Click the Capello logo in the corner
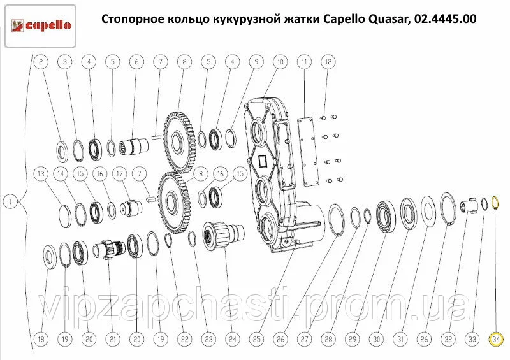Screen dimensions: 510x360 click(x=41, y=26)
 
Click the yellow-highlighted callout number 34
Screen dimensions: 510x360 click(x=496, y=340)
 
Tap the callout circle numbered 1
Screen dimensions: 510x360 click(x=10, y=201)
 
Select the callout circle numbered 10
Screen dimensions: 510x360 click(x=280, y=62)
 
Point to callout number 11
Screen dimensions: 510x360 click(x=305, y=62)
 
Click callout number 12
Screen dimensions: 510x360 click(x=328, y=62)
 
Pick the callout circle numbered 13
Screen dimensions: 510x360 click(x=41, y=174)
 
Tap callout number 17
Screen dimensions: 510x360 click(x=120, y=174)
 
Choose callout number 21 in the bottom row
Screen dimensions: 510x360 click(x=113, y=340)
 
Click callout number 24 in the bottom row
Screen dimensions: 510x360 click(x=233, y=340)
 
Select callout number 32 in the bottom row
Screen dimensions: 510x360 click(x=448, y=340)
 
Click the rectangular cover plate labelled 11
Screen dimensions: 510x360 click(x=306, y=152)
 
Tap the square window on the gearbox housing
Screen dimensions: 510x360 click(x=263, y=161)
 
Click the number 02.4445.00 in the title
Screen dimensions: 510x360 click(x=445, y=19)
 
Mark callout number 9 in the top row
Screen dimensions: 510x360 click(x=256, y=62)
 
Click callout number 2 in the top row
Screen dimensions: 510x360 click(x=41, y=62)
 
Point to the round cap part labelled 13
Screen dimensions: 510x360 click(x=68, y=215)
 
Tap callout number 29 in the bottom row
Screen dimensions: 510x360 click(x=353, y=340)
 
